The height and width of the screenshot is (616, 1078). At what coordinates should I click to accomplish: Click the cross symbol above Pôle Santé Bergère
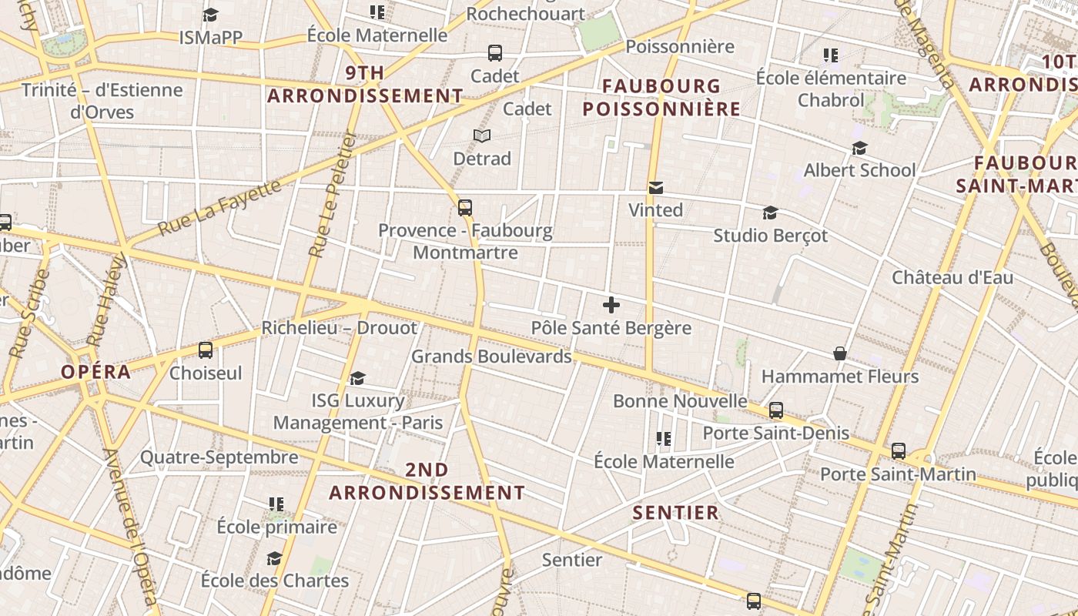click(x=611, y=305)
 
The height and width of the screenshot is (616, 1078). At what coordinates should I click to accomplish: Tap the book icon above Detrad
click(x=482, y=136)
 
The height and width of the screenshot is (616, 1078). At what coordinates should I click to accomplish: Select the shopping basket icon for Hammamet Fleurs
click(x=840, y=353)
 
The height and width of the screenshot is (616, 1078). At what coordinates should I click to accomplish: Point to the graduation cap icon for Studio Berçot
click(x=770, y=213)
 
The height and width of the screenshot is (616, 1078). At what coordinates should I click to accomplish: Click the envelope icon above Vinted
click(x=656, y=187)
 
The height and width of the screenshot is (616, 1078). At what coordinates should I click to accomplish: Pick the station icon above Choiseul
click(x=206, y=350)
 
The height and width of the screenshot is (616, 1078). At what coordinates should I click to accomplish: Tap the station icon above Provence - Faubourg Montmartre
click(x=465, y=207)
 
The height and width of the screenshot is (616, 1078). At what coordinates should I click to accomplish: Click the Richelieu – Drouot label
click(x=339, y=328)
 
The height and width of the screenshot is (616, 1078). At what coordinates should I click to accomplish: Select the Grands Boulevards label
click(x=491, y=357)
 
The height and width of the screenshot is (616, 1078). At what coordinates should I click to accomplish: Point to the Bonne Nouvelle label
click(x=680, y=401)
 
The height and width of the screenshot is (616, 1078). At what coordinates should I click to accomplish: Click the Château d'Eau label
click(x=952, y=277)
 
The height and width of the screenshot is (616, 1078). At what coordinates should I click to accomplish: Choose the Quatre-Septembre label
click(x=219, y=457)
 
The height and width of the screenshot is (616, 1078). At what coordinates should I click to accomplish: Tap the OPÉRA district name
click(x=96, y=372)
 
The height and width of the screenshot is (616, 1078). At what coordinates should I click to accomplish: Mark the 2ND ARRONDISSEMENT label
click(x=427, y=481)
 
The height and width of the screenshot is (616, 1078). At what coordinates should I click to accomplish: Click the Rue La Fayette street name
click(x=219, y=208)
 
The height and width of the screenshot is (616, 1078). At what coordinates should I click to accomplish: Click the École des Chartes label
click(x=275, y=581)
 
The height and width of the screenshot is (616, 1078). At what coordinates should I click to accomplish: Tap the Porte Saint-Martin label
click(x=898, y=474)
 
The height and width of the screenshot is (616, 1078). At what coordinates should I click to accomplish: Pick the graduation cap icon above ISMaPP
click(x=210, y=15)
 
